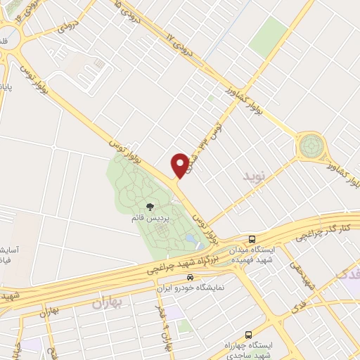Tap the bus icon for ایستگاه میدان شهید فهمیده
252,239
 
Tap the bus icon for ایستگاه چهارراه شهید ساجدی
247,335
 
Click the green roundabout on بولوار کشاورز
311,146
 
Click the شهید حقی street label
304,278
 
